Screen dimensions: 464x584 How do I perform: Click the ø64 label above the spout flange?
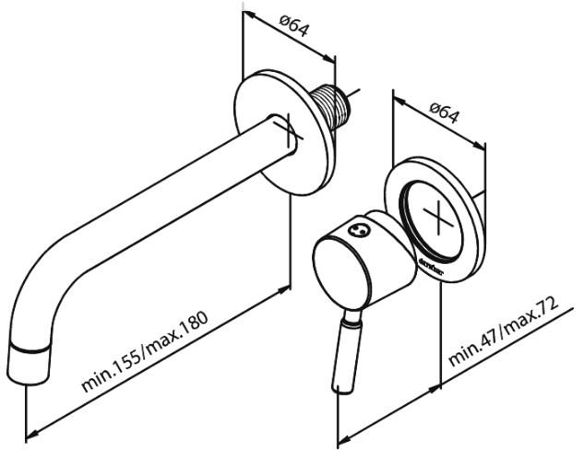(x=293, y=28)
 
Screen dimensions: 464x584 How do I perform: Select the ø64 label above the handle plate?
(x=446, y=114)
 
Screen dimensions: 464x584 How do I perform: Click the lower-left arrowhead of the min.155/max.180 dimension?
(x=29, y=433)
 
